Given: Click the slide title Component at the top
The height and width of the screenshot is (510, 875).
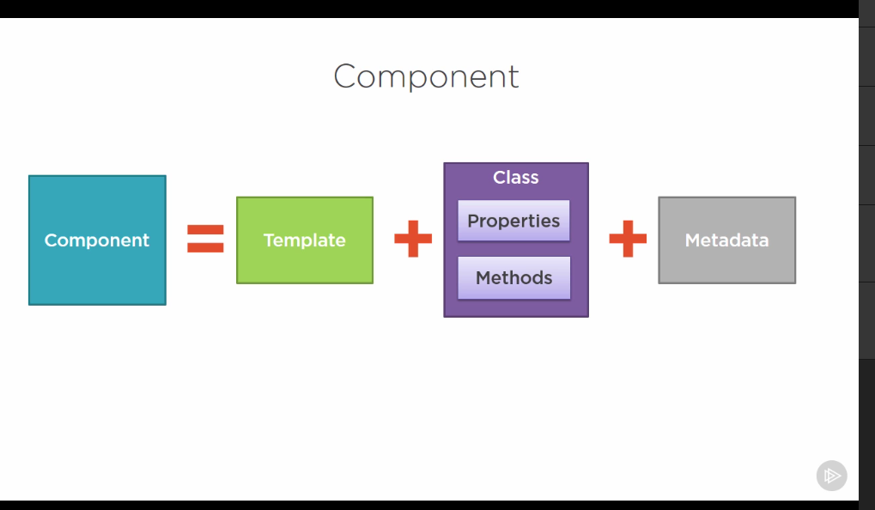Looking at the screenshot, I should point(426,77).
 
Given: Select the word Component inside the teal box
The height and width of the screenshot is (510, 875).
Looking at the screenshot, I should point(97,240).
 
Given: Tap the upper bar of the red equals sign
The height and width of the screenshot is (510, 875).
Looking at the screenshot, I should point(205,229).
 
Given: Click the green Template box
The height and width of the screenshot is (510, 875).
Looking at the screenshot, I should point(305,240).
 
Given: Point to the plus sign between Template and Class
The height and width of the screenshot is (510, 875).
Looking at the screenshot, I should point(413,240).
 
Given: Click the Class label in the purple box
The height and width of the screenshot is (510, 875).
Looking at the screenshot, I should point(515,178).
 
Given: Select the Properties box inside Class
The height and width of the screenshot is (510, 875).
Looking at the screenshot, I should point(513,221).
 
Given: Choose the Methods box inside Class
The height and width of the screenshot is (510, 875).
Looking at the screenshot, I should point(513,278).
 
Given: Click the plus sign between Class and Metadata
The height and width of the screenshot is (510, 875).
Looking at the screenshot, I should point(628,240).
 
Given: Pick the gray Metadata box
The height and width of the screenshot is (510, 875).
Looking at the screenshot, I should point(726,240).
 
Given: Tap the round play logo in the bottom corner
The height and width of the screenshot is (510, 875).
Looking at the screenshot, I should point(831,476).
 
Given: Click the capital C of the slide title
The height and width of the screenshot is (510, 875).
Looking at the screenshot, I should point(345,76).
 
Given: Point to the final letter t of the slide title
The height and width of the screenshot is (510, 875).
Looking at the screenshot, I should point(513,77).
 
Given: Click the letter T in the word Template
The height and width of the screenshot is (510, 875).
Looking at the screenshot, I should point(269,240).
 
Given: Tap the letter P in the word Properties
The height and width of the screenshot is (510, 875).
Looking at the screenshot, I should point(473,221).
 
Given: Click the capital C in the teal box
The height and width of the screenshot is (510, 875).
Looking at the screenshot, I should point(51,240).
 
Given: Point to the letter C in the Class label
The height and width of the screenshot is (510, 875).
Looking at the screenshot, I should point(499,178).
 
